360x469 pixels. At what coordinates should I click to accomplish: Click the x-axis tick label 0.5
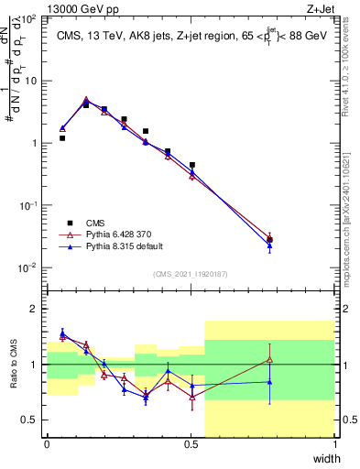coord(191,444)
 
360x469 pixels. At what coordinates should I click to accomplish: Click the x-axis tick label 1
coord(335,444)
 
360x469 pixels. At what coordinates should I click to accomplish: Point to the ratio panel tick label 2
coord(35,309)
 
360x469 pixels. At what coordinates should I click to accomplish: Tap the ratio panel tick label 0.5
coord(30,420)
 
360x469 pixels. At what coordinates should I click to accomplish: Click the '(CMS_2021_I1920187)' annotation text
coord(191,274)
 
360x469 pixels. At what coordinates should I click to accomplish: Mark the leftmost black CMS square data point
coord(62,138)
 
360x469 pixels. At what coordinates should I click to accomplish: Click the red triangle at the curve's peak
coord(86,100)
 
